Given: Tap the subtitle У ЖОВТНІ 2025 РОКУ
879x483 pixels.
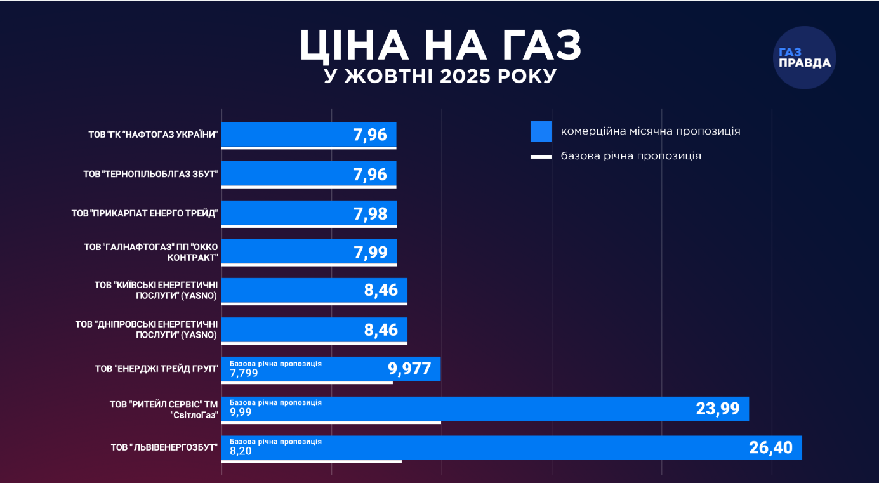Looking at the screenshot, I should tap(440, 77).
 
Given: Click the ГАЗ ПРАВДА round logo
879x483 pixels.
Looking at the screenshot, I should tap(804, 58).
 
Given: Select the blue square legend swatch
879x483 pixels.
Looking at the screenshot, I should tap(541, 131).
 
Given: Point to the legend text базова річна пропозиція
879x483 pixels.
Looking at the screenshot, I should tap(631, 156).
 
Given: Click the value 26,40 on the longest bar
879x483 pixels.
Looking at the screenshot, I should tap(770, 447).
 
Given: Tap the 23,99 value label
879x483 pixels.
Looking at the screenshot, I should tap(718, 409).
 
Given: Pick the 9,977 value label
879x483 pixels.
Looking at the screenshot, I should tap(409, 369).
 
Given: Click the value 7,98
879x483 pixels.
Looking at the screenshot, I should tap(370, 213).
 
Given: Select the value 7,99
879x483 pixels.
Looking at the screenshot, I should tap(370, 253).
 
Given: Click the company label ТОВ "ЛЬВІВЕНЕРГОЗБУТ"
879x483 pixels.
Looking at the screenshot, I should tap(164, 447).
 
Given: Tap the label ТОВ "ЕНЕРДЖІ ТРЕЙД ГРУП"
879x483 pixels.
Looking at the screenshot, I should tap(156, 369).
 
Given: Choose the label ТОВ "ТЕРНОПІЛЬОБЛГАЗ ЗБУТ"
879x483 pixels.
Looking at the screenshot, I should tap(150, 174).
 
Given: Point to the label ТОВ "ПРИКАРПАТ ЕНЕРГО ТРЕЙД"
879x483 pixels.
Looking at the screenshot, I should tap(145, 213).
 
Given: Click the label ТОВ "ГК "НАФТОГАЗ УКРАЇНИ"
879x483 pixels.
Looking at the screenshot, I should tap(153, 135).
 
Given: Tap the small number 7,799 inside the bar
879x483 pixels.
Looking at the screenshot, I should tap(244, 373).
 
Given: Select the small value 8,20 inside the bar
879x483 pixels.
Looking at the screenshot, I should tap(240, 451).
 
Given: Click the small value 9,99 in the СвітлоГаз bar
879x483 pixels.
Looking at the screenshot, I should tap(240, 412).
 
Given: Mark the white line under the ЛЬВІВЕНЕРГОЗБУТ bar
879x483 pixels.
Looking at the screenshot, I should tap(311, 461).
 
